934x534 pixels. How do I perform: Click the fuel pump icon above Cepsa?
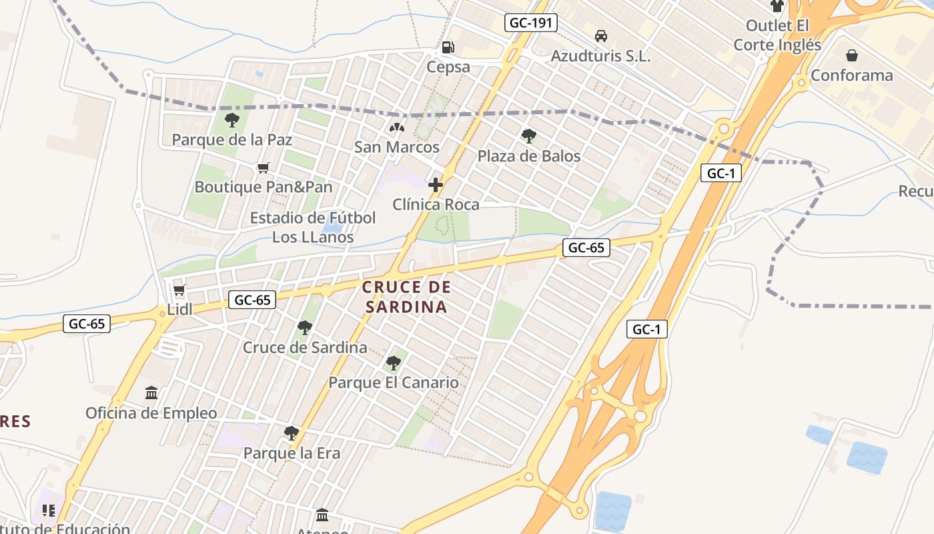coord(448,47)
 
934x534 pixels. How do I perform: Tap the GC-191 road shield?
coord(531,23)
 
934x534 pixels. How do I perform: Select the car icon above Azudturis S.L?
coord(600,36)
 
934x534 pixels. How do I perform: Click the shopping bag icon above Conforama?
coord(852,55)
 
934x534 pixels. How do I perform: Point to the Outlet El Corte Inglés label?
coord(777,35)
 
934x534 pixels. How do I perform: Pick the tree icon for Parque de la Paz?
coord(232,120)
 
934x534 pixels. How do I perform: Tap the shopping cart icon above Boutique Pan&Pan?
coord(264,168)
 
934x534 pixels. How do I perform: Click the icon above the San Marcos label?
coord(397,127)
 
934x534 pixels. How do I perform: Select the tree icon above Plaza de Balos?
coord(529,136)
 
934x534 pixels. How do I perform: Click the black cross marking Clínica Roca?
coord(436,185)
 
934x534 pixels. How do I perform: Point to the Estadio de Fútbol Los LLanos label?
coord(313,227)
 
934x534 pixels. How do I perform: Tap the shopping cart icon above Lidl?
coord(179,290)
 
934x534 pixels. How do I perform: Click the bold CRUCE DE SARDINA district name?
coord(406,297)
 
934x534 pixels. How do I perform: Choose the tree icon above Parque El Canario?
coord(394,363)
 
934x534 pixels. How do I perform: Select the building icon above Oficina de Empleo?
coord(151,393)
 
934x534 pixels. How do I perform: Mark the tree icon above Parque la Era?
coord(292,433)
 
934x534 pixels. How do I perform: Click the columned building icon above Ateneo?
coord(322,515)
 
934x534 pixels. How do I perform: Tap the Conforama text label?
coord(851,75)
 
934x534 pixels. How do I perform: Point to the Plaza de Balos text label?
coord(529,156)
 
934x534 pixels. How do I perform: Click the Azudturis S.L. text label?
coord(600,57)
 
